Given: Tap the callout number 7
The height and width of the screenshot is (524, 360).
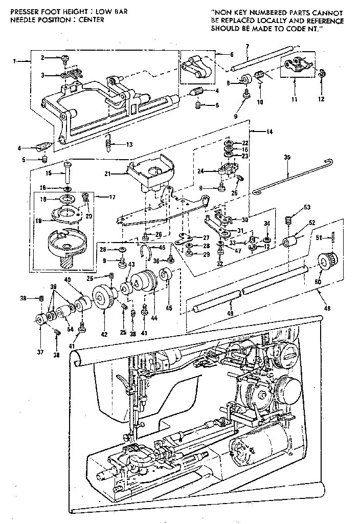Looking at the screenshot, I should [x=247, y=47].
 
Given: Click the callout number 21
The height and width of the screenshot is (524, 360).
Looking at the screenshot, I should [x=122, y=174].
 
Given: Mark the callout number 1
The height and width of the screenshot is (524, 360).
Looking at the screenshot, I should [x=14, y=61].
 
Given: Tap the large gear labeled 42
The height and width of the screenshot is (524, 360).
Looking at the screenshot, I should [x=104, y=299].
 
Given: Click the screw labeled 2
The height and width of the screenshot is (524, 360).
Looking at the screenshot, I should [x=65, y=58].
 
